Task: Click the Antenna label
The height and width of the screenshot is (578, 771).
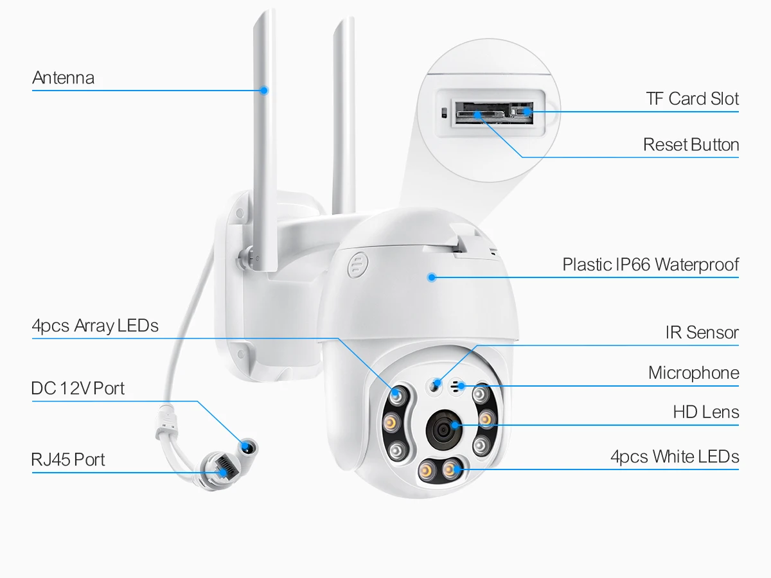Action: click(63, 78)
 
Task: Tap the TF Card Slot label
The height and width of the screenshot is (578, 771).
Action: click(692, 99)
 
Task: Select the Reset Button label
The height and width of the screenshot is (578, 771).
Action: click(691, 145)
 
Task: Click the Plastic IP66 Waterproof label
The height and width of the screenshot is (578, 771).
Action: click(650, 265)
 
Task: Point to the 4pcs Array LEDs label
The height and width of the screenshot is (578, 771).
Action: click(95, 326)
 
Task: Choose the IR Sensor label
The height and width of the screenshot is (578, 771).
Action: click(702, 333)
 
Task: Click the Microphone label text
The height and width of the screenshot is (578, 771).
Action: click(693, 373)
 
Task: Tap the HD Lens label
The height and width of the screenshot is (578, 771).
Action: click(705, 412)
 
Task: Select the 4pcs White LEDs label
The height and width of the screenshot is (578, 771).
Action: click(674, 457)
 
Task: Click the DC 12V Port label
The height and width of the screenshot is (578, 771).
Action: click(78, 389)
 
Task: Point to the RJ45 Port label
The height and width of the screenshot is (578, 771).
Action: click(68, 460)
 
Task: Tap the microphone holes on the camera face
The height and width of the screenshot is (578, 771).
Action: click(458, 386)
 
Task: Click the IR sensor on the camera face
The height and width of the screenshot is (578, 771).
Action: click(436, 384)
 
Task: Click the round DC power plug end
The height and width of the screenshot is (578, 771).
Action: click(247, 446)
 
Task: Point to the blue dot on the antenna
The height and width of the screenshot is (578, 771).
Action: click(264, 91)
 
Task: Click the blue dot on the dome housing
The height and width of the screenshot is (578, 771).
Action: click(432, 277)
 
